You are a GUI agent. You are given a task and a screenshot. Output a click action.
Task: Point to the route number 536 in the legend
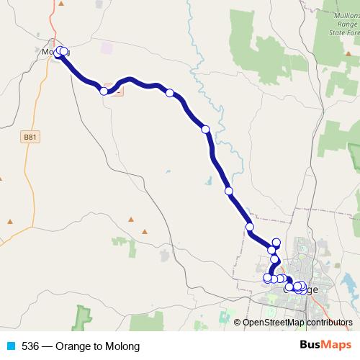point(30,346)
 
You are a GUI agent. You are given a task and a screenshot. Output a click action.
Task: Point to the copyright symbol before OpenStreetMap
point(237,323)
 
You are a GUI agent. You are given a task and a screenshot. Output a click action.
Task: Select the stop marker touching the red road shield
point(104,91)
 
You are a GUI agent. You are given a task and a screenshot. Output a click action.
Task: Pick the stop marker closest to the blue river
point(205,130)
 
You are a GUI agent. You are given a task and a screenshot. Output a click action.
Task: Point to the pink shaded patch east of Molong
point(107,48)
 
